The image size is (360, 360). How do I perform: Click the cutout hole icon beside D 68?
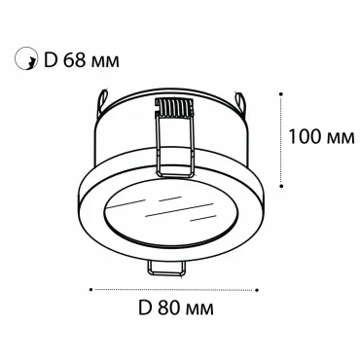(25, 59)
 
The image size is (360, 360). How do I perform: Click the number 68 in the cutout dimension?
(74, 59)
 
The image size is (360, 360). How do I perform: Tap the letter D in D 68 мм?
(51, 59)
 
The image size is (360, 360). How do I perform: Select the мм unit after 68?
(105, 61)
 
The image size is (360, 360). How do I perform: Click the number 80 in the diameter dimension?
(169, 307)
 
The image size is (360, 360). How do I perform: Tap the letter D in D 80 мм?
(145, 307)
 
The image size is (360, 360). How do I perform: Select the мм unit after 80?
(199, 309)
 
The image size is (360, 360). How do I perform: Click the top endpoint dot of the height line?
(281, 93)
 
